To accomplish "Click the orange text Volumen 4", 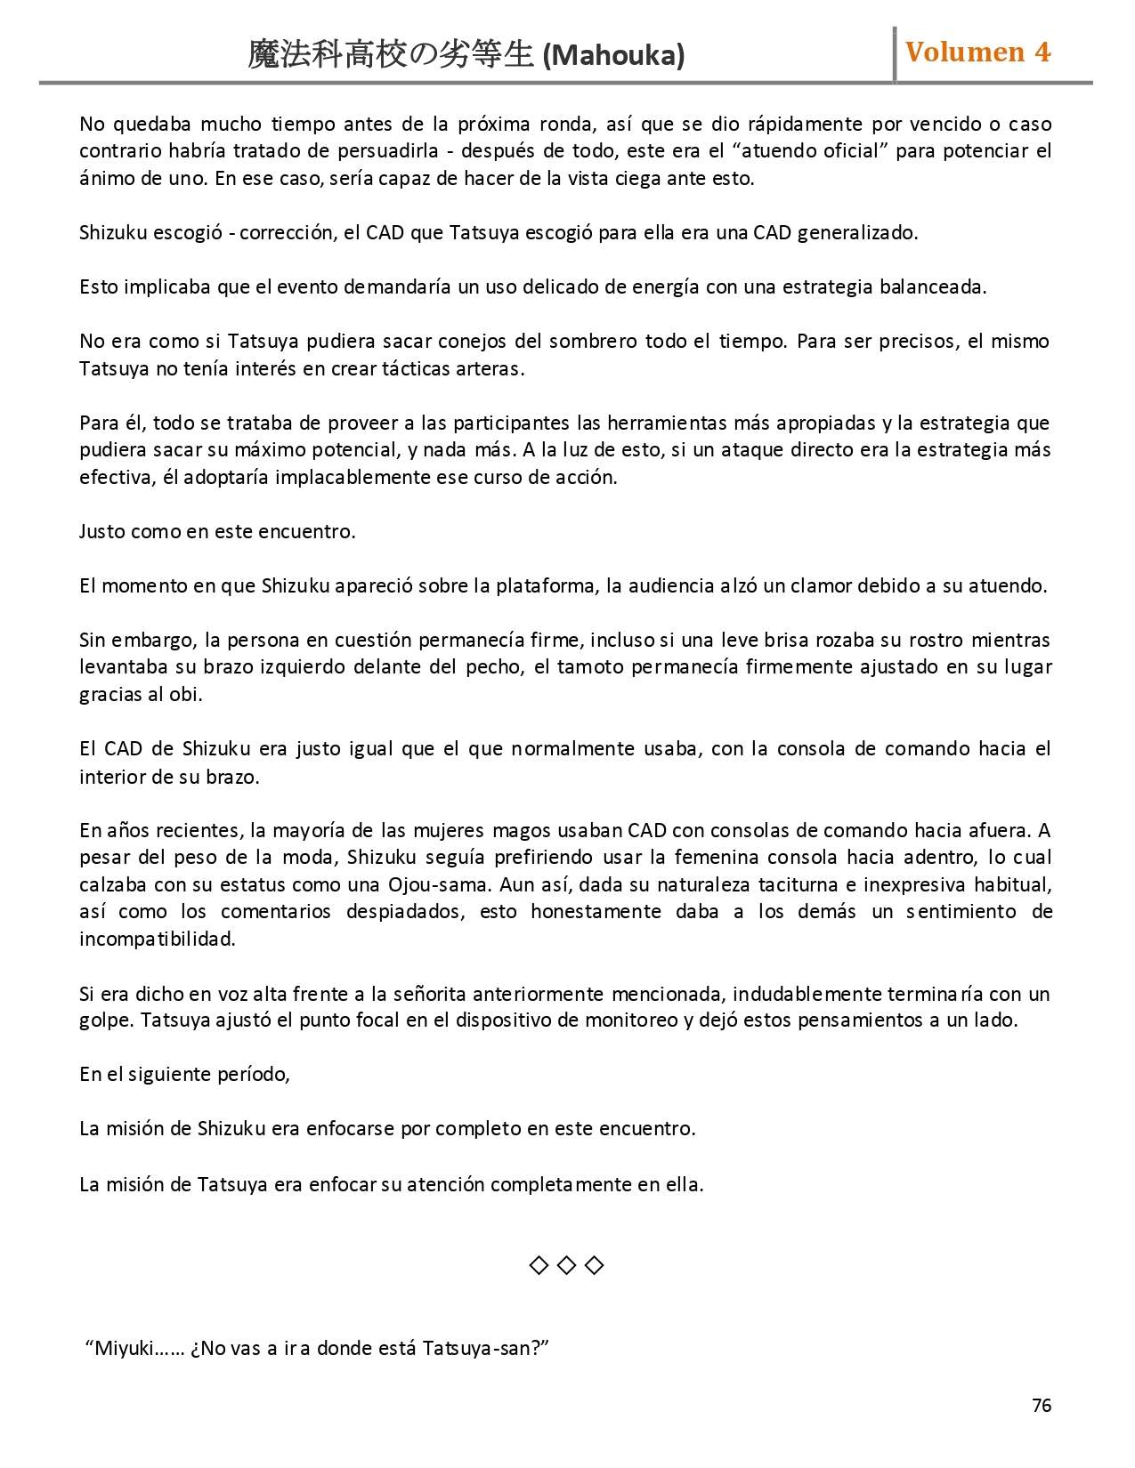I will (977, 52).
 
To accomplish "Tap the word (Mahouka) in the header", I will (613, 56).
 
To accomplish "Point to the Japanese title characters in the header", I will (390, 55).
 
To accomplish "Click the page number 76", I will (1042, 1406).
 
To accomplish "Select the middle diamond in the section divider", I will (566, 1265).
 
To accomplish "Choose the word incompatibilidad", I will (157, 940).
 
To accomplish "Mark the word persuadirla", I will (387, 151).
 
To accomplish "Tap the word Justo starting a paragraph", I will (101, 532).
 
